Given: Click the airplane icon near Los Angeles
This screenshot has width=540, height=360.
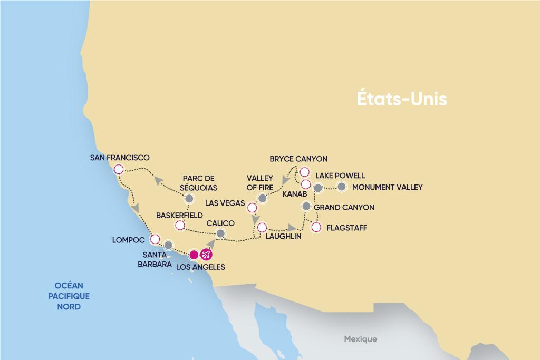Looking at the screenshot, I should pyautogui.click(x=206, y=255).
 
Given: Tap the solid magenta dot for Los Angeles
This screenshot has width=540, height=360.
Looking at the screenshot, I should pyautogui.click(x=194, y=255).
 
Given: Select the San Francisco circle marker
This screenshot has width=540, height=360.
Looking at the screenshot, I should pyautogui.click(x=119, y=169).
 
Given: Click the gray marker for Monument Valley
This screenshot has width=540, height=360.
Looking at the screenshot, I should pyautogui.click(x=342, y=187).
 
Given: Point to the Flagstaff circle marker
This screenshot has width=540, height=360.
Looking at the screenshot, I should pyautogui.click(x=316, y=228).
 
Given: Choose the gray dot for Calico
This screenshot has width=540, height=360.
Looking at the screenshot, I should pyautogui.click(x=221, y=234).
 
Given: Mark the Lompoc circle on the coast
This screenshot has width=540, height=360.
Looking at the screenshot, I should pyautogui.click(x=155, y=239).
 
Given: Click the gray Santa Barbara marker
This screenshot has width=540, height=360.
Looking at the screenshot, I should pyautogui.click(x=168, y=245).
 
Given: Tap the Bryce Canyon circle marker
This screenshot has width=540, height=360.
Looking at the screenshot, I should pyautogui.click(x=304, y=171).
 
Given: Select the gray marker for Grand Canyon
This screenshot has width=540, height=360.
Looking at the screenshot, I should pyautogui.click(x=306, y=206).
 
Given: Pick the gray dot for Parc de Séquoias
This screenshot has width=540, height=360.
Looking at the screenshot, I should pyautogui.click(x=189, y=199).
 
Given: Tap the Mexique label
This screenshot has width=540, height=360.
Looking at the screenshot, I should pyautogui.click(x=360, y=339).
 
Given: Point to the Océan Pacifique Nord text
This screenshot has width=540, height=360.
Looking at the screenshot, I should pyautogui.click(x=69, y=296).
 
